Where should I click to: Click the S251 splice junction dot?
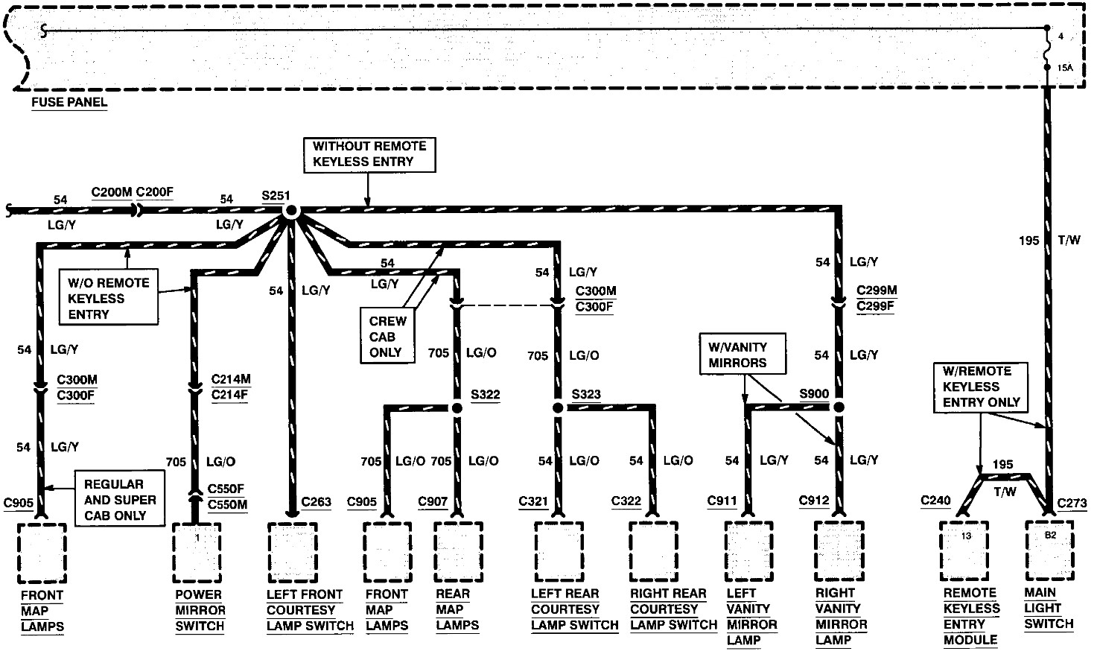tap(290, 211)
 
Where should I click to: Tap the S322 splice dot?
tap(457, 407)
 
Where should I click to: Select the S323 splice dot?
tap(557, 407)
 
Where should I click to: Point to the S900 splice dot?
tap(839, 407)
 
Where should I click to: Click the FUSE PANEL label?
tap(69, 102)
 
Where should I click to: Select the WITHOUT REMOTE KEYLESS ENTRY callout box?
tap(369, 154)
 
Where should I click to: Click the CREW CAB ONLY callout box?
tap(387, 337)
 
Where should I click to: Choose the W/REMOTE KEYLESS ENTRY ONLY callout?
tap(981, 387)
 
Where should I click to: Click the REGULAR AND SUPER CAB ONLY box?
tap(120, 499)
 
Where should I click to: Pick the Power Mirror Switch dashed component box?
tap(197, 553)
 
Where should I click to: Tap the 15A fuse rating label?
tap(1064, 68)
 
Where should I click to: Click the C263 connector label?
tap(316, 501)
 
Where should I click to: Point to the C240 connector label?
tap(935, 500)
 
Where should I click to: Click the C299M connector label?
tap(876, 291)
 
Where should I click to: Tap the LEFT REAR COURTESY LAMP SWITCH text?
tap(574, 609)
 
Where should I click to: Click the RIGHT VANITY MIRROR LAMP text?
tap(841, 616)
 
